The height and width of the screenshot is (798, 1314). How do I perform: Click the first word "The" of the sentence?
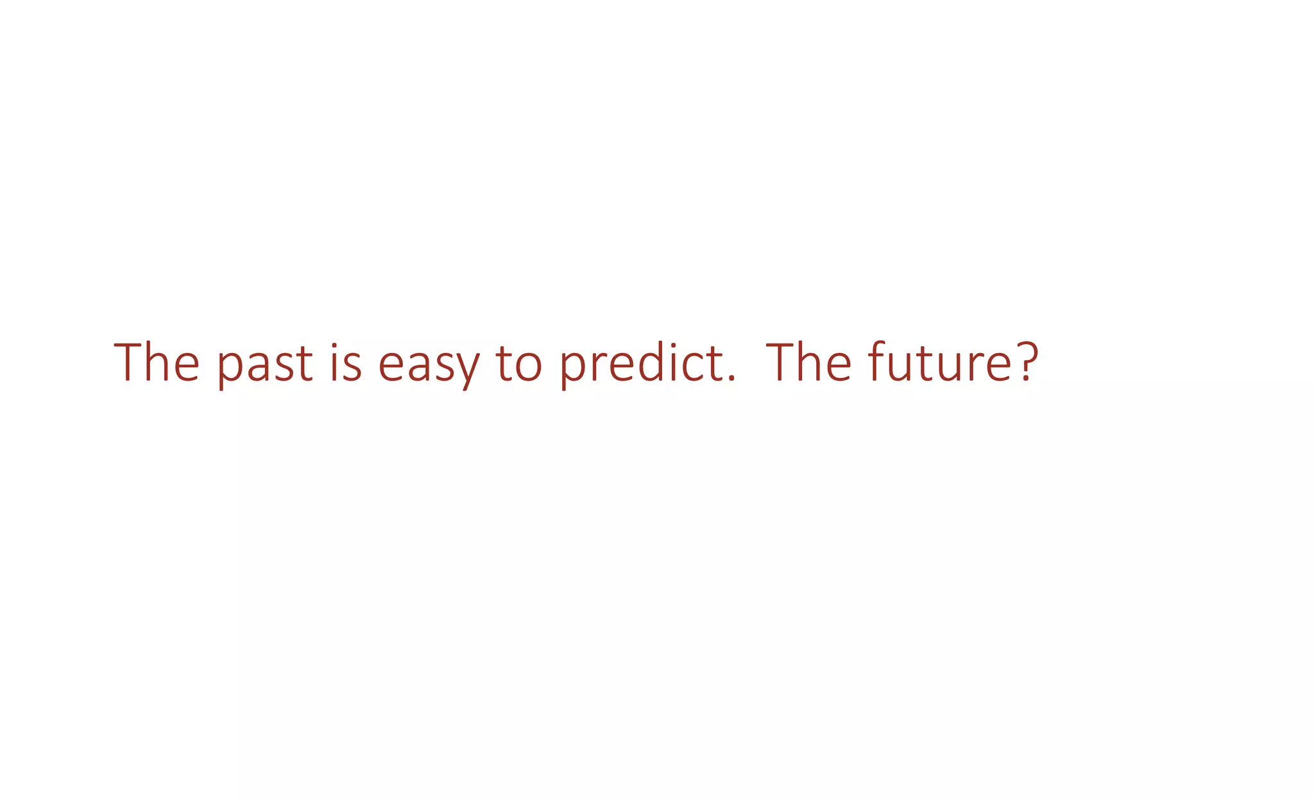(157, 363)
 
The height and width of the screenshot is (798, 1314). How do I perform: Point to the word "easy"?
(429, 365)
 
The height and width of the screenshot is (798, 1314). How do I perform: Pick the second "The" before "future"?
(808, 363)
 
